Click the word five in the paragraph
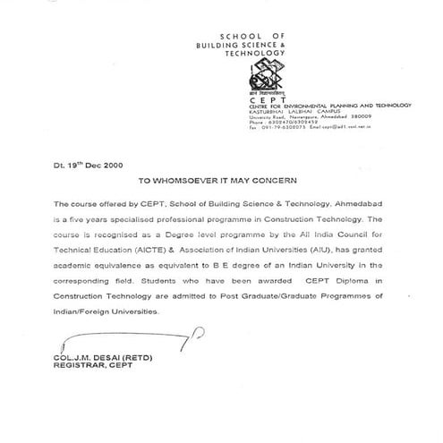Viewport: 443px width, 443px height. click(x=81, y=217)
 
